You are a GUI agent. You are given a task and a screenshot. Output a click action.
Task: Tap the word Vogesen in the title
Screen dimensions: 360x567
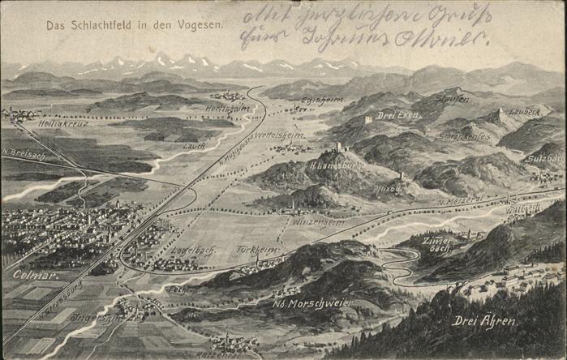198,26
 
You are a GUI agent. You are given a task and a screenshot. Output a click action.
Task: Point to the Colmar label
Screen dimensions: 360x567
31,275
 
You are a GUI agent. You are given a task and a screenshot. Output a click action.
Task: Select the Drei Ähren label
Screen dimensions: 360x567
483,320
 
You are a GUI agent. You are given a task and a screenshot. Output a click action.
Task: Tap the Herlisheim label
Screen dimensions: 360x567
228,109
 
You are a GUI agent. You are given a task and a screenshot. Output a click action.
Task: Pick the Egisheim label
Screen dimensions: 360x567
322,101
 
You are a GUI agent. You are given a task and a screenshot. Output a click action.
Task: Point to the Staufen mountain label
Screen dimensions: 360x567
453,99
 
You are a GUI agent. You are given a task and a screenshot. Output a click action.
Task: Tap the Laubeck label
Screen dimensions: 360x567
524,111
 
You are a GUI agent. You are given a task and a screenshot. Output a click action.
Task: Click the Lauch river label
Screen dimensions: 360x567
194,145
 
